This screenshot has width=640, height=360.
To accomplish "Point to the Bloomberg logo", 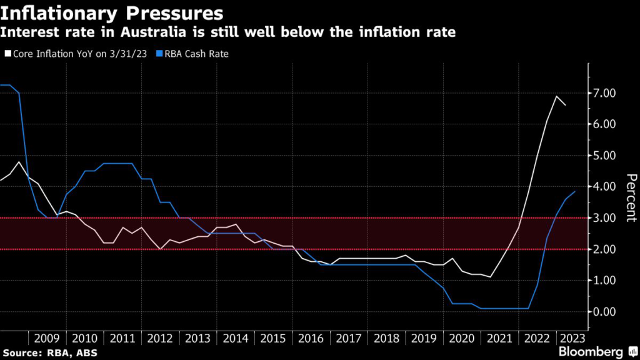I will click(589, 351).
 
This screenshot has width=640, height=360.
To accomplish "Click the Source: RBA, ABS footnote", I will click(47, 352).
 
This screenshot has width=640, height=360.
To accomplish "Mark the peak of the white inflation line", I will click(556, 96).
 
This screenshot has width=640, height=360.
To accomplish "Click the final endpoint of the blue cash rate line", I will click(575, 191).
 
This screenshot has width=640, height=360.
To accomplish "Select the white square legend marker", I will click(7, 54).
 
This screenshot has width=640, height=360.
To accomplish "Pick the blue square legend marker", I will click(161, 54).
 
